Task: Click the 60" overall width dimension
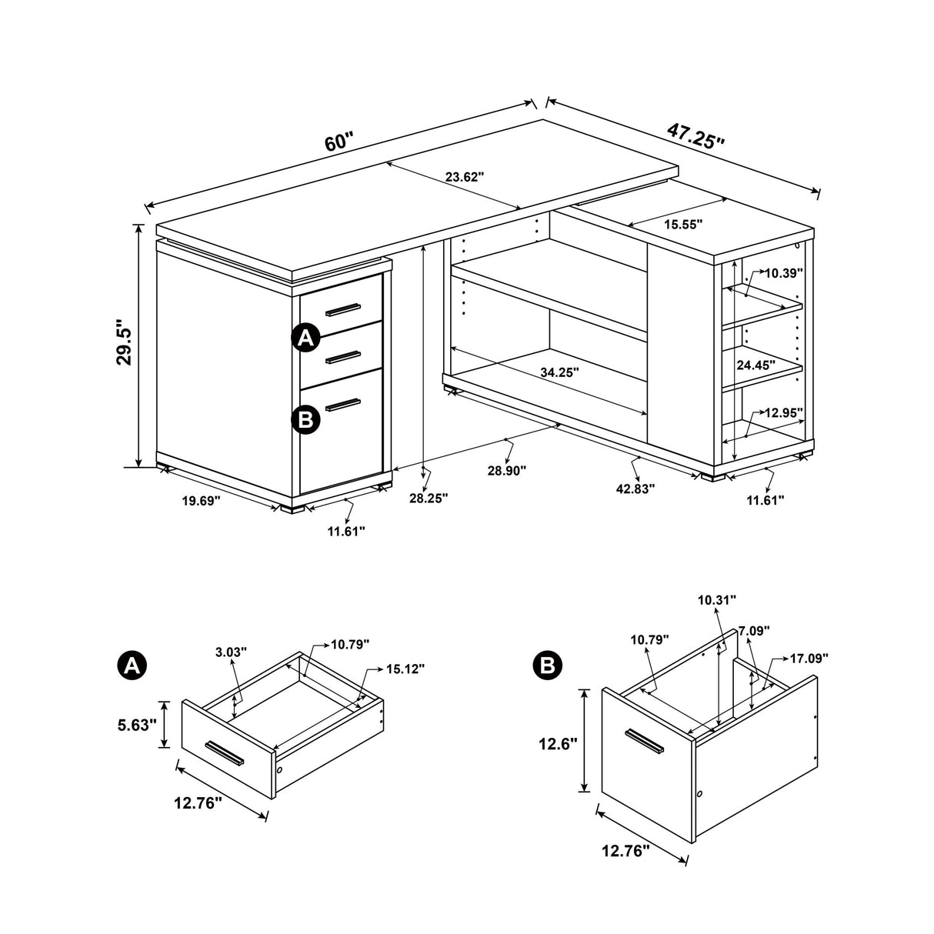click(339, 143)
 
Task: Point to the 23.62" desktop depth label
click(465, 177)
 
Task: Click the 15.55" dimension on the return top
click(682, 224)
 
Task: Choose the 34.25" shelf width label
click(559, 372)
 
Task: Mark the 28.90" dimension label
click(506, 470)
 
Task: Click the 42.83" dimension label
click(635, 488)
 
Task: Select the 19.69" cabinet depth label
click(201, 501)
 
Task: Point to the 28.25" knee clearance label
click(429, 498)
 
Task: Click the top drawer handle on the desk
click(342, 309)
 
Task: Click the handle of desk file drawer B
click(343, 404)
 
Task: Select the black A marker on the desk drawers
click(305, 338)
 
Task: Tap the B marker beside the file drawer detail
click(548, 664)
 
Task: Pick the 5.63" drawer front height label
click(138, 724)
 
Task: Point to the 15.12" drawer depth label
click(405, 669)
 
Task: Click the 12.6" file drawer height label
click(557, 744)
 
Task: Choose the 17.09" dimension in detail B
click(809, 659)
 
